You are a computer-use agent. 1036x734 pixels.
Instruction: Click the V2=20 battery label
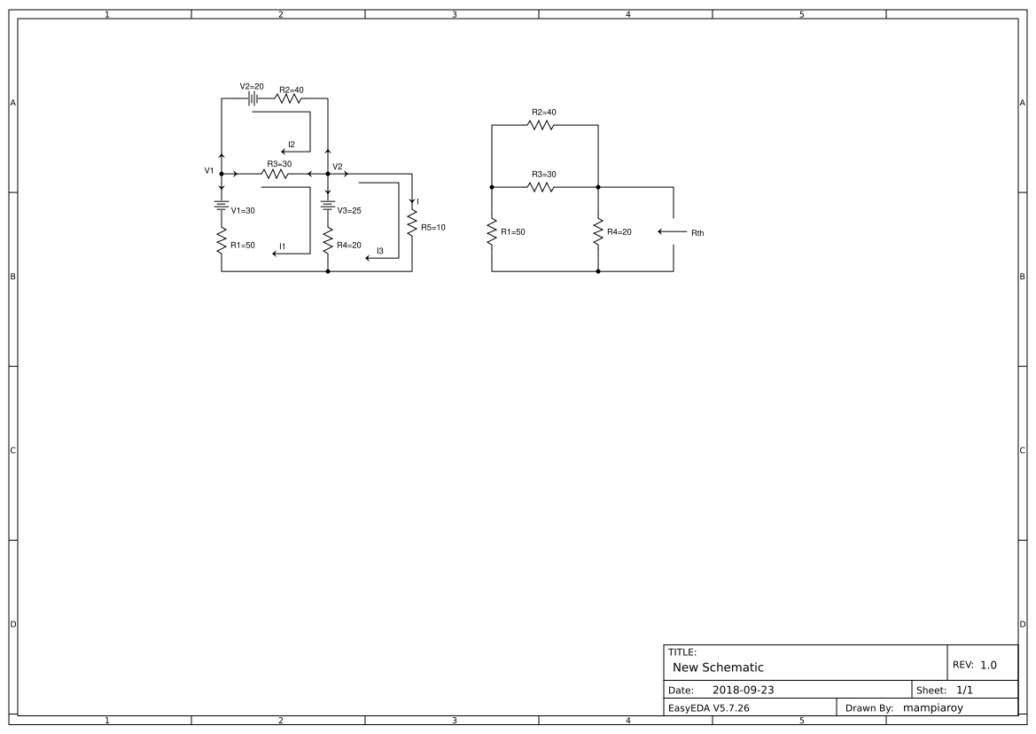[252, 87]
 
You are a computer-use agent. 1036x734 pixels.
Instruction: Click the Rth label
[697, 233]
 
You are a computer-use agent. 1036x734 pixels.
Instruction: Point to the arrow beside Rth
[672, 232]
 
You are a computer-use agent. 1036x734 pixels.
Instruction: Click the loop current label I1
[282, 246]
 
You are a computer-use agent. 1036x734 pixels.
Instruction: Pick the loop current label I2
[292, 144]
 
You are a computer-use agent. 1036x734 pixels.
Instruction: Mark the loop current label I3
[380, 251]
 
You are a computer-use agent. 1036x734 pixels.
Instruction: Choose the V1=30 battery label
[243, 211]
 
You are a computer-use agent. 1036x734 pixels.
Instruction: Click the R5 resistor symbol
[412, 223]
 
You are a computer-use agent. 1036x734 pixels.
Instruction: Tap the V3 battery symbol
[328, 206]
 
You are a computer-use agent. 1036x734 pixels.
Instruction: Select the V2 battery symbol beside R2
[253, 98]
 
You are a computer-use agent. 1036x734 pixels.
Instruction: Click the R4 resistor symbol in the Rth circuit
[598, 231]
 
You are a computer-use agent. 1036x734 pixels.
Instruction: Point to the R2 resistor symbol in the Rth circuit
[541, 125]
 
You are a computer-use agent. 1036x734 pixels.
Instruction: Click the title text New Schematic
[718, 667]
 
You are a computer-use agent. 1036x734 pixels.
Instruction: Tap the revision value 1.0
[987, 665]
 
